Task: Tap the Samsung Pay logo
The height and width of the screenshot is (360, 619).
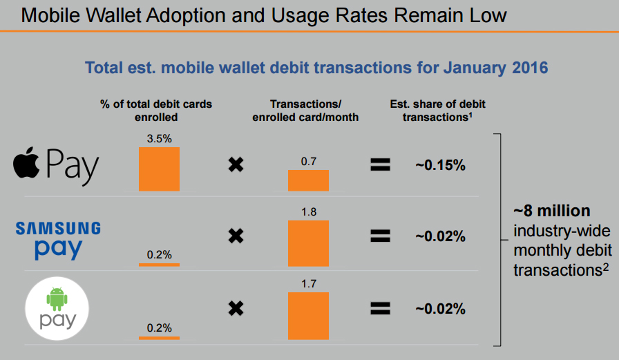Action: coord(58,238)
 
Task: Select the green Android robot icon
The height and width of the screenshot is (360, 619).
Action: coord(58,299)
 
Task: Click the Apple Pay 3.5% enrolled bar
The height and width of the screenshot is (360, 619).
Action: coord(159,169)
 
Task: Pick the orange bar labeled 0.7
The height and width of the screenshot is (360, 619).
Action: coord(308,180)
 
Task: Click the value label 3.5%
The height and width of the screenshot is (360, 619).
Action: coord(159,139)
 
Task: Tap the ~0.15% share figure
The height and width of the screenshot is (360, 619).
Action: coord(440,165)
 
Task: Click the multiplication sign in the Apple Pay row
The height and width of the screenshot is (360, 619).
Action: coord(236,165)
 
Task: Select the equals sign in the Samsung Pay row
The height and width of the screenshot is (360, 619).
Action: coord(381,236)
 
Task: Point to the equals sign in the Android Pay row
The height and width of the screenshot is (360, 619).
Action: coord(381,308)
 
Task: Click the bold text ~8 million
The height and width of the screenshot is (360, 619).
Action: coord(551,211)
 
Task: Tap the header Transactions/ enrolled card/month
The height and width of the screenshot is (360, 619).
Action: coord(305,111)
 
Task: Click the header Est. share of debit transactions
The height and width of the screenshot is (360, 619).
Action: coord(437,111)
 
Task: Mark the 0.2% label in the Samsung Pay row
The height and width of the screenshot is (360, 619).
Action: coord(159,254)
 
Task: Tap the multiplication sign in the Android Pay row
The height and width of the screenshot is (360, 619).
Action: coord(236,308)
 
